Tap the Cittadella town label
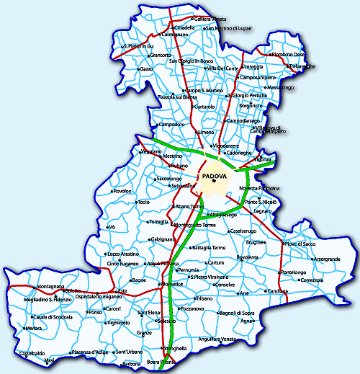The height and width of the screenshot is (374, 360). point(184,27)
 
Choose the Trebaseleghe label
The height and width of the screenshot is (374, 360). point(302,66)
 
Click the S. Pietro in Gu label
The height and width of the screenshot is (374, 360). point(138,46)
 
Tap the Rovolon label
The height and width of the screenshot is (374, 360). point(123,191)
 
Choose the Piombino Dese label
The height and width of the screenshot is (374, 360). point(289,54)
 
